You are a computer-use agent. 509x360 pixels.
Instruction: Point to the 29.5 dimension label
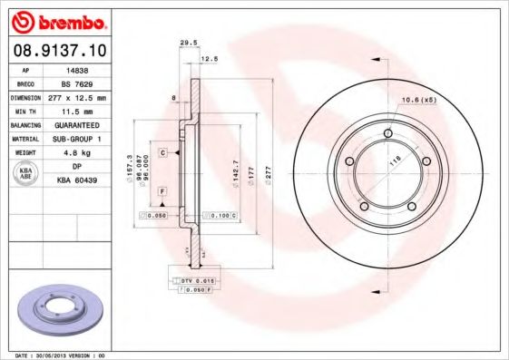(189, 42)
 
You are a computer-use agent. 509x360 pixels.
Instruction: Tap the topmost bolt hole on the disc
(387, 135)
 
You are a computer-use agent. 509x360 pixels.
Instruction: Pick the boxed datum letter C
(162, 152)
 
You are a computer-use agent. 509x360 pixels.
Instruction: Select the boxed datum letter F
(162, 192)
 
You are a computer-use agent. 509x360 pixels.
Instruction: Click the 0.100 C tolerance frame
(220, 216)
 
